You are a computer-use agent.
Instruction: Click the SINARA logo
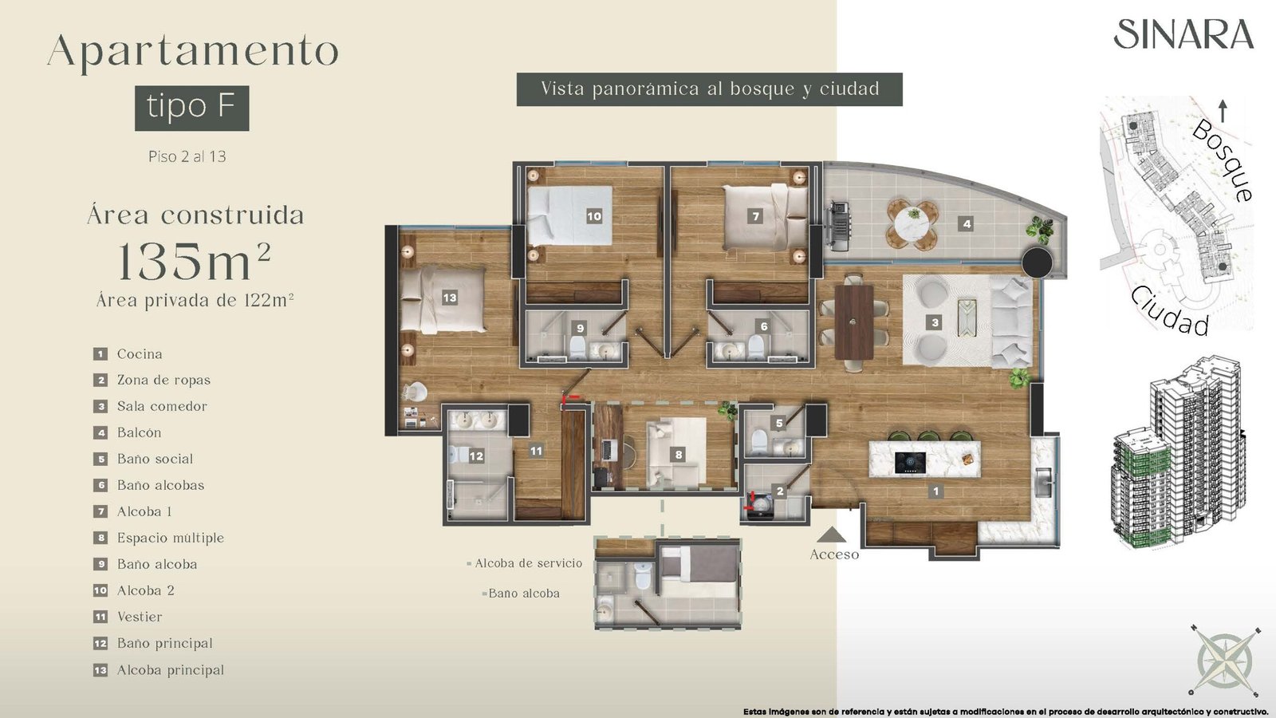[x=1183, y=34]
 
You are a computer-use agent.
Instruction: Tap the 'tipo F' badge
[x=192, y=108]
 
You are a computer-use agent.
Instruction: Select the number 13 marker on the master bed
[x=450, y=298]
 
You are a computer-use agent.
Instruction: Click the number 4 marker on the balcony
[x=967, y=224]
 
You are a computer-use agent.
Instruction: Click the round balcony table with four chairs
[x=913, y=224]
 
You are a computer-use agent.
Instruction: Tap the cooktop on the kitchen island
[x=910, y=462]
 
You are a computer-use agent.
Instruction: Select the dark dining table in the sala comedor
[x=854, y=322]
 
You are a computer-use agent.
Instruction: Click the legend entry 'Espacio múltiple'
[x=171, y=538]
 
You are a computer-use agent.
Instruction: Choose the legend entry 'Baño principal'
[x=164, y=643]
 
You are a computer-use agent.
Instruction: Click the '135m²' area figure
[x=194, y=260]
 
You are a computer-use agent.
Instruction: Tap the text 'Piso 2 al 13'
[x=187, y=156]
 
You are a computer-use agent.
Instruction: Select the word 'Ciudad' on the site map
[x=1169, y=311]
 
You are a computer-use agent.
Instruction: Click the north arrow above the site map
[x=1222, y=111]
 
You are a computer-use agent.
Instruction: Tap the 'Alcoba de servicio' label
[x=529, y=563]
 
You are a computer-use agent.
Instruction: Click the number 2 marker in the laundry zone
[x=780, y=491]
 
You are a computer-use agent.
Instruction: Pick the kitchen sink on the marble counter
[x=1045, y=483]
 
